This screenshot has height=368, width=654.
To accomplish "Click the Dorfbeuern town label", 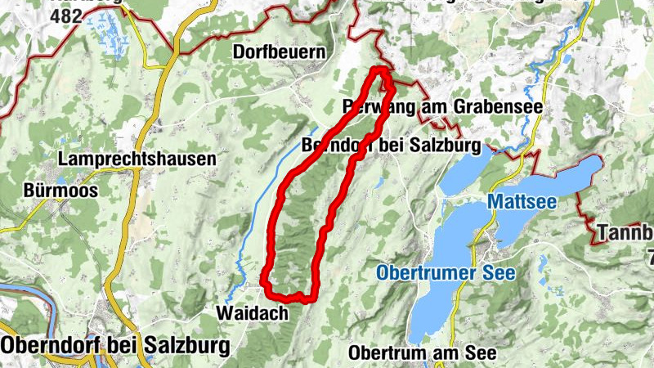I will [279, 52].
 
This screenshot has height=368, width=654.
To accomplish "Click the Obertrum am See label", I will [422, 353].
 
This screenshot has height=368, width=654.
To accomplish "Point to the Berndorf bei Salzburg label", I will [390, 146].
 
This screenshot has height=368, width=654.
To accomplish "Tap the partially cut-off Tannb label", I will [625, 232].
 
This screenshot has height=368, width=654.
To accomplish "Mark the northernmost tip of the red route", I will [381, 70].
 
